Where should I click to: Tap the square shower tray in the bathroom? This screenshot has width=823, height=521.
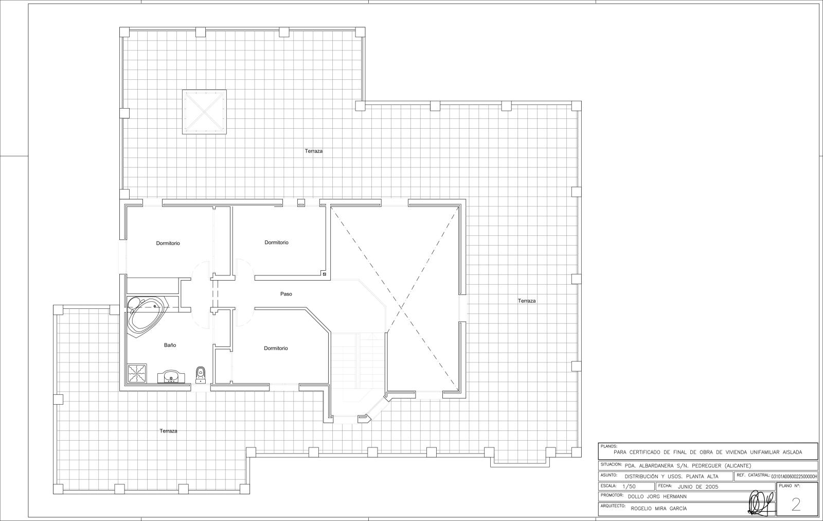137,374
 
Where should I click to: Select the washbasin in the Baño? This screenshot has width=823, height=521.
170,377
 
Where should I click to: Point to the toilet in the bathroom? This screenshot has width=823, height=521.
200,373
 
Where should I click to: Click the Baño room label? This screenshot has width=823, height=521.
170,345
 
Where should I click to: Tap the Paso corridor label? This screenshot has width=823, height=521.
286,294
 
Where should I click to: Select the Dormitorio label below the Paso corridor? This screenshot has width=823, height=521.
276,348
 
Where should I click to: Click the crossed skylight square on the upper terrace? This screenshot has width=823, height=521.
204,112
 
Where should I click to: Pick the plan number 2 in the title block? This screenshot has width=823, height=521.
796,505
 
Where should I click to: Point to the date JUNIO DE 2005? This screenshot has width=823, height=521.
698,487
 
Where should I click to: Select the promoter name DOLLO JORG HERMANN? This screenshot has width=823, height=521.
657,497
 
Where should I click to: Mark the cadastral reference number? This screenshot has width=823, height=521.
794,477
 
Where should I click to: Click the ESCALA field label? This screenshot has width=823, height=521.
609,486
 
